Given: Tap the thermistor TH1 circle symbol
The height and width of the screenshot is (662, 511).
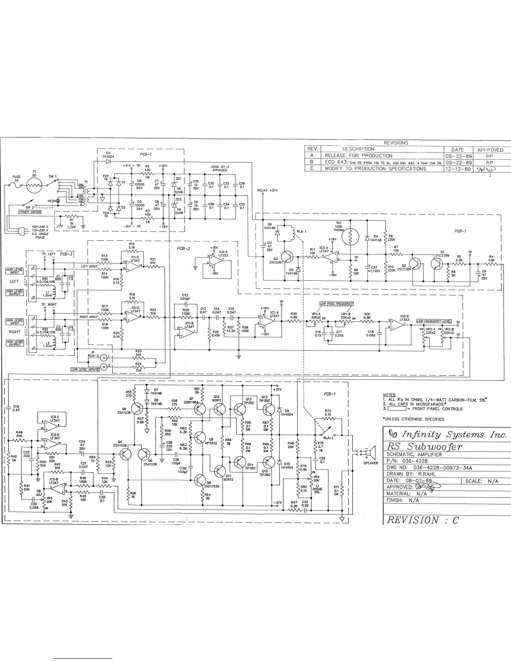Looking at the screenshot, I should pyautogui.click(x=350, y=237).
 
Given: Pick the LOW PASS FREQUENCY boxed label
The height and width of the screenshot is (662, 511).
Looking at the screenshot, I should pyautogui.click(x=336, y=303).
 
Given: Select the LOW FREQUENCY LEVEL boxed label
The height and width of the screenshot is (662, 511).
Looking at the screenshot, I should pyautogui.click(x=434, y=321).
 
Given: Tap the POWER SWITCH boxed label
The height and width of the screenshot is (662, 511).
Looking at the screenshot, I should pyautogui.click(x=30, y=212).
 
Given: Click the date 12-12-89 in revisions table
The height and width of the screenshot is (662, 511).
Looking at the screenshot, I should pyautogui.click(x=458, y=168).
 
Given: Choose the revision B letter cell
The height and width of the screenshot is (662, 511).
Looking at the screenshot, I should pyautogui.click(x=312, y=162).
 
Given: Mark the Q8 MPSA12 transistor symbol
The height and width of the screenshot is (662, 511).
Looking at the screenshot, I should pyautogui.click(x=199, y=438).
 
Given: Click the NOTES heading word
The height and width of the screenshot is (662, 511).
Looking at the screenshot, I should pyautogui.click(x=389, y=395).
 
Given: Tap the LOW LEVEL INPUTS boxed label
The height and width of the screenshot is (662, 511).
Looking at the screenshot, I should pyautogui.click(x=85, y=369).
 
